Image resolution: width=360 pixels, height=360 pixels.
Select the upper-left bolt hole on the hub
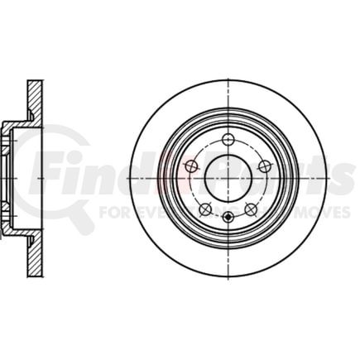[190, 166]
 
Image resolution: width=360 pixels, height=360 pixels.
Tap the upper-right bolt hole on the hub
[265, 166]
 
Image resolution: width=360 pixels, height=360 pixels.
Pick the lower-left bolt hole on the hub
[204, 209]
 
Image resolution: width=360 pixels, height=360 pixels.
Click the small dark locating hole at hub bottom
[228, 218]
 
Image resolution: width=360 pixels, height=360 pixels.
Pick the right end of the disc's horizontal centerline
[330, 178]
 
